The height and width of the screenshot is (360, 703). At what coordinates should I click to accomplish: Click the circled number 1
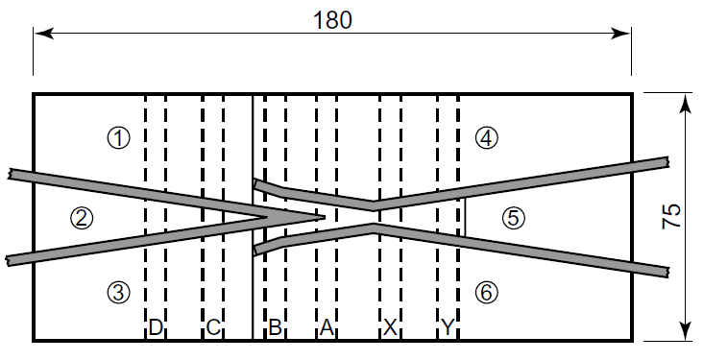[x=118, y=138]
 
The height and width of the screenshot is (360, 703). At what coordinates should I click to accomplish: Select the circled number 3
[x=117, y=292]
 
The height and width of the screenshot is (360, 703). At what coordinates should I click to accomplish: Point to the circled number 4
[x=486, y=138]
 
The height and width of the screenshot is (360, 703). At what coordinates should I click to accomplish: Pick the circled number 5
[x=514, y=218]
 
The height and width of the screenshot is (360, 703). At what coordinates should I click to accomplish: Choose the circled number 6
[x=487, y=292]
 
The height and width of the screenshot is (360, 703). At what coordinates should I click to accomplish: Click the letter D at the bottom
[x=156, y=328]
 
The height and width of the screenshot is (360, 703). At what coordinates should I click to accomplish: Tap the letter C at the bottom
[x=213, y=328]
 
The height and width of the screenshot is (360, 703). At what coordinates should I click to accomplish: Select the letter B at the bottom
[x=275, y=328]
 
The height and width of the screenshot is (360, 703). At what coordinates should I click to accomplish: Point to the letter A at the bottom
[x=327, y=328]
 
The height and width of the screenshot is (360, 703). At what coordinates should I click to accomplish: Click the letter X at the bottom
[x=390, y=328]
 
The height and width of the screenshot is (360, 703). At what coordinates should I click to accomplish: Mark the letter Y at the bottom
[x=448, y=328]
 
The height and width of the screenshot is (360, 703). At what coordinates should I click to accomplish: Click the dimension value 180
[x=332, y=18]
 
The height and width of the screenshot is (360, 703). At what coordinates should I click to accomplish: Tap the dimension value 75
[x=673, y=216]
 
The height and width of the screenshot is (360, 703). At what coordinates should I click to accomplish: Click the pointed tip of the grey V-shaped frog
[x=325, y=217]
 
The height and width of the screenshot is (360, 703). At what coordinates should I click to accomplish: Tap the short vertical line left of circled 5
[x=465, y=217]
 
